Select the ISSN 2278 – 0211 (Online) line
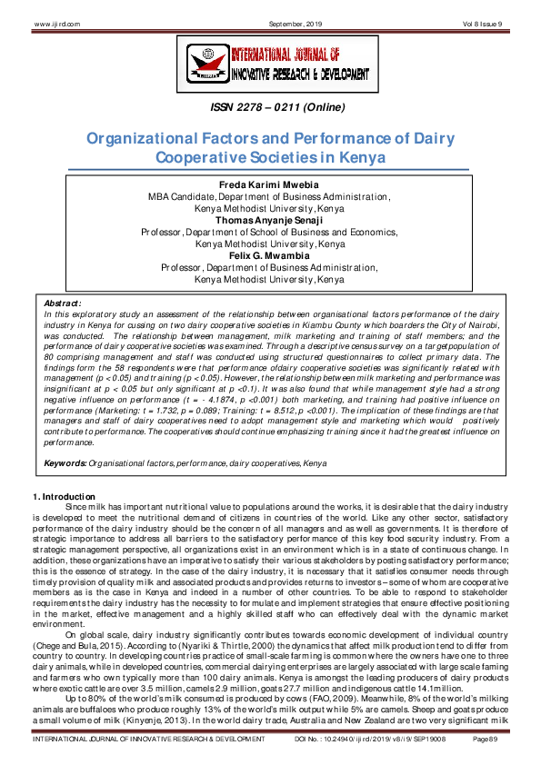click(x=270, y=108)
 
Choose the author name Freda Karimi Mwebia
click(x=270, y=184)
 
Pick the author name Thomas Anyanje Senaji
click(x=270, y=220)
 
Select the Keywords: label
click(x=65, y=463)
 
